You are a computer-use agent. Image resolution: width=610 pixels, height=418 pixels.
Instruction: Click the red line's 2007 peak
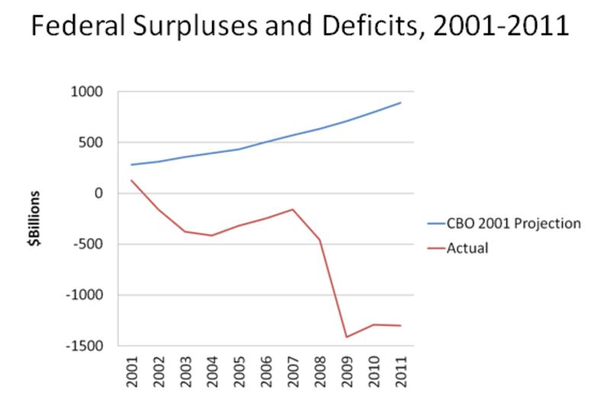coord(293,210)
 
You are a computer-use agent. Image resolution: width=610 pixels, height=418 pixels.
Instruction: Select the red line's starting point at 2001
coord(131,180)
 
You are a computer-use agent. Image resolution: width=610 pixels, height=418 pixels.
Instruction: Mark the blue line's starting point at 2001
coord(131,165)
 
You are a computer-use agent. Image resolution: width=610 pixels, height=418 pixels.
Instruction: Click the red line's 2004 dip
coord(212,236)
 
